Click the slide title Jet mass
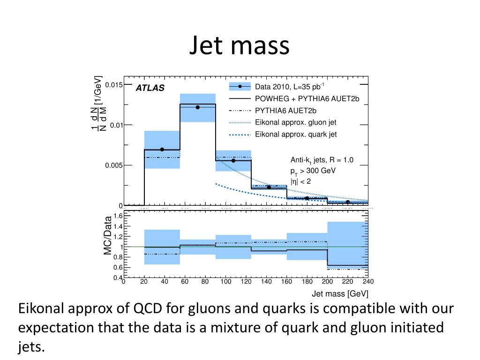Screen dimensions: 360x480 point(240,45)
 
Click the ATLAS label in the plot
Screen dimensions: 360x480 point(150,88)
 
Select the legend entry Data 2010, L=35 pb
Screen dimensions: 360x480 point(289,87)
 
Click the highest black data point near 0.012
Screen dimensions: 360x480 point(198,107)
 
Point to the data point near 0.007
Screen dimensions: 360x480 point(162,150)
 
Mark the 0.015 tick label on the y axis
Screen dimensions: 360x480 point(113,85)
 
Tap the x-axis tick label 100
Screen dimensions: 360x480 point(226,282)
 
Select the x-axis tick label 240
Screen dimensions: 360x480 point(368,282)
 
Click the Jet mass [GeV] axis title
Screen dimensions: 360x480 point(340,294)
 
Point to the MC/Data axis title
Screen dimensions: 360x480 point(108,235)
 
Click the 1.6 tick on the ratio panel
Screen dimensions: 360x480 point(118,216)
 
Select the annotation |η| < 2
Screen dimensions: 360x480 point(300,181)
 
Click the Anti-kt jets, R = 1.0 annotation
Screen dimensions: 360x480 point(322,160)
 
